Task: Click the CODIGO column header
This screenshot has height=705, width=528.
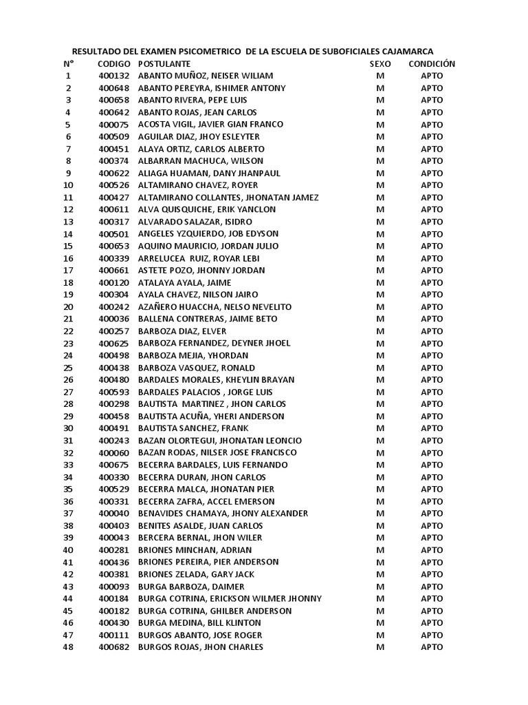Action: [x=113, y=63]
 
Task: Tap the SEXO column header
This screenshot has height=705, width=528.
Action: [x=380, y=63]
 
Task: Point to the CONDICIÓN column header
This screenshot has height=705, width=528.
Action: [x=432, y=63]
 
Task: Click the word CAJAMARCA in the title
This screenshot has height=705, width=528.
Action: [x=404, y=51]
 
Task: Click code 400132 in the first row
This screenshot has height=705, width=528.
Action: [x=113, y=76]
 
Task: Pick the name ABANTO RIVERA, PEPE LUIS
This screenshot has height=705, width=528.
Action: [x=187, y=100]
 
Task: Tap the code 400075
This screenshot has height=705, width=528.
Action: [x=113, y=125]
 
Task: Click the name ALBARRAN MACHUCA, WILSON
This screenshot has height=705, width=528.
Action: [x=191, y=161]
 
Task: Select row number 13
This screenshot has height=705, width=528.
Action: [x=68, y=222]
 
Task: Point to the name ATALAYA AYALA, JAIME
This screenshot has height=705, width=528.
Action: [x=185, y=282]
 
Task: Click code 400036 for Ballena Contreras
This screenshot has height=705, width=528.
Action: [x=113, y=319]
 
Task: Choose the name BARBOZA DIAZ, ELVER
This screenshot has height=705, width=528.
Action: [x=182, y=331]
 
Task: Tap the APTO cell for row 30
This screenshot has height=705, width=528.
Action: [x=432, y=428]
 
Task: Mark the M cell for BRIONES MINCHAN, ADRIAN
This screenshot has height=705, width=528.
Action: [x=380, y=549]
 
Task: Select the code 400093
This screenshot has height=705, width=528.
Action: [x=113, y=586]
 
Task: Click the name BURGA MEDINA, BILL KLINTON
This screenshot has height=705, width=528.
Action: [x=199, y=622]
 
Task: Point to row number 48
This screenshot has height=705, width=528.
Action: [x=68, y=647]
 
